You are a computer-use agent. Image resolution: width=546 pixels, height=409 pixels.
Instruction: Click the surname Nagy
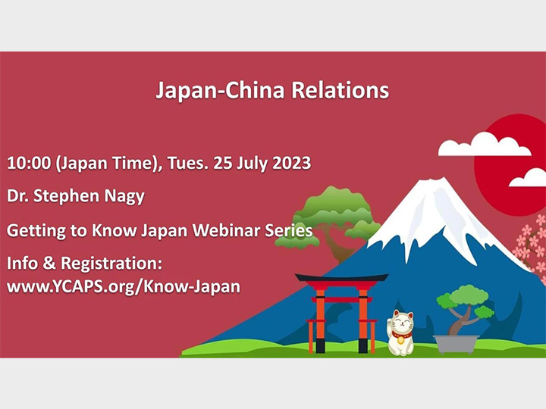[123, 196]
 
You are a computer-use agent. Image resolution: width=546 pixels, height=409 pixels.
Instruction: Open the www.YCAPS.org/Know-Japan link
[124, 287]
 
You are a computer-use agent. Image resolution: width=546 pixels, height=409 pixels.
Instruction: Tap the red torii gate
[341, 311]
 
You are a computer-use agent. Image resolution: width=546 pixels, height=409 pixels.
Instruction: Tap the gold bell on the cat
[400, 340]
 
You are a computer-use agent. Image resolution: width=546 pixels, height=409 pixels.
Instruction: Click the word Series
[289, 230]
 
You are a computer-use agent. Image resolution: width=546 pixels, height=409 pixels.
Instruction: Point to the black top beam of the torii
[341, 278]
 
